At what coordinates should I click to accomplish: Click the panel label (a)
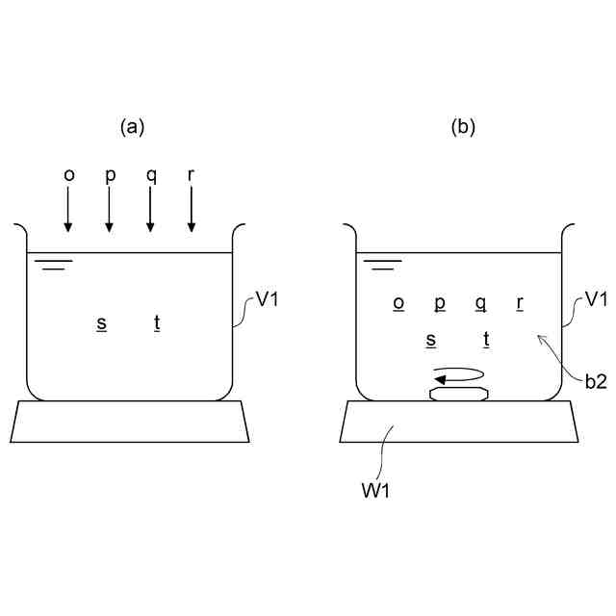tap(133, 126)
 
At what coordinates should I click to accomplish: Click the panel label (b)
tap(464, 126)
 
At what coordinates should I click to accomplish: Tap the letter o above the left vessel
tap(68, 175)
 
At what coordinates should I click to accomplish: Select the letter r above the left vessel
tap(191, 175)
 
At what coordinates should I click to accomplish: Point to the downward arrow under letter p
tap(109, 210)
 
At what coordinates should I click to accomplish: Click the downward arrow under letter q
tap(150, 210)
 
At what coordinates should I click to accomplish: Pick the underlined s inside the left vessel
tap(101, 322)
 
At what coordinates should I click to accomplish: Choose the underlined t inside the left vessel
tap(157, 322)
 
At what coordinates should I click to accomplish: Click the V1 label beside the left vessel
tap(268, 299)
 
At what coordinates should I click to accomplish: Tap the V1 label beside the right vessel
tap(597, 299)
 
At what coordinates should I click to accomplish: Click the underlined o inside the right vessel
tap(398, 302)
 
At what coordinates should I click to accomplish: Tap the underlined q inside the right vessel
tap(480, 302)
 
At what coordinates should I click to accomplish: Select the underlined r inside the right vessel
tap(520, 302)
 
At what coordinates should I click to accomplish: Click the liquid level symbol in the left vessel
tap(54, 263)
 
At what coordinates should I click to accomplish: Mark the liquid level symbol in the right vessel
tap(383, 263)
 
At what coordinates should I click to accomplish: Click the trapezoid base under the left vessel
tap(131, 422)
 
